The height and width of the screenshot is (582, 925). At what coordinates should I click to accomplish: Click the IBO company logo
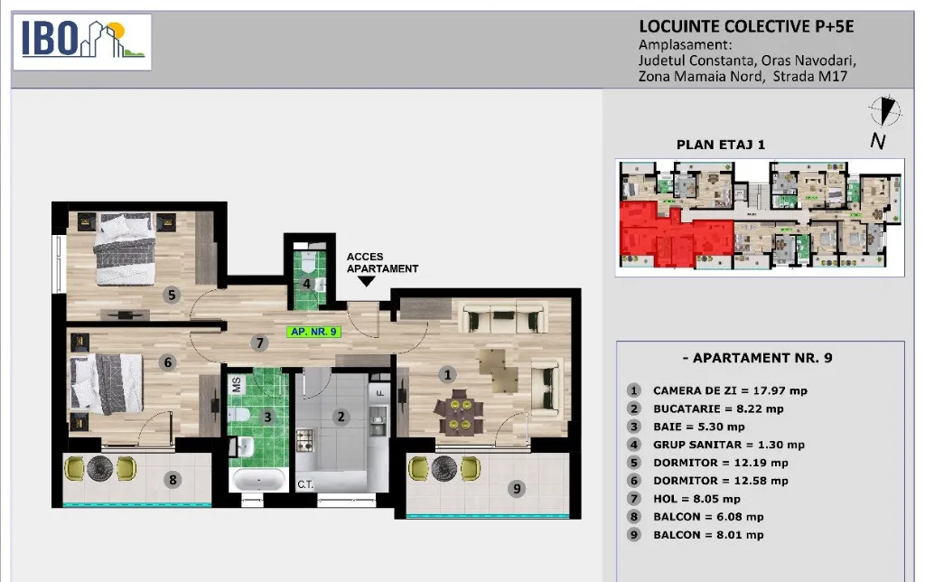82,42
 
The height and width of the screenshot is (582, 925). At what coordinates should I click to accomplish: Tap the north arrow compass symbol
885,111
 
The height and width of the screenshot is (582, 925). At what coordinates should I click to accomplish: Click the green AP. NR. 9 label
313,332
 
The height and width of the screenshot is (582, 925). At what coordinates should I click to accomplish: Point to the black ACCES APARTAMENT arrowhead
367,282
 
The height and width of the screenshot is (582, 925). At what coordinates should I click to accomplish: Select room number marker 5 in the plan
172,295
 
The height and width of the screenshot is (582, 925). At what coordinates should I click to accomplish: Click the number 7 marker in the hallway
259,343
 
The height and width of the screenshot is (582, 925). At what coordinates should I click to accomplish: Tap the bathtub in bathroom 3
259,480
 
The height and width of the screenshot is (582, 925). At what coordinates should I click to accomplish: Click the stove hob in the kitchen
305,440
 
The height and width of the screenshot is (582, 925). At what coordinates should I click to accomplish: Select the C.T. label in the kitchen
305,484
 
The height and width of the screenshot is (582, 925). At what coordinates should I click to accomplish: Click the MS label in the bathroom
237,385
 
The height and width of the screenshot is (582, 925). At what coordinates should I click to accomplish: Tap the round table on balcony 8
100,468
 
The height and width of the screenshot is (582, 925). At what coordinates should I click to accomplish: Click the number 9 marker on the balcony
517,488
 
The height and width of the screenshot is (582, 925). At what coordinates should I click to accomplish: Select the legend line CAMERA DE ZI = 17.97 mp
730,390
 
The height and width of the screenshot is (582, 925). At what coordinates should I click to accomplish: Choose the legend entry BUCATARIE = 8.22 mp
718,408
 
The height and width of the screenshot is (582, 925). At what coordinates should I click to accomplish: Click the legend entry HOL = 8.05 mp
696,499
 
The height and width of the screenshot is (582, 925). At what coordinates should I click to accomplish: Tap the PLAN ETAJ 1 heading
720,145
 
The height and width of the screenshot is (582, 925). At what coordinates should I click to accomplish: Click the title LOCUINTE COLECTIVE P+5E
746,26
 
